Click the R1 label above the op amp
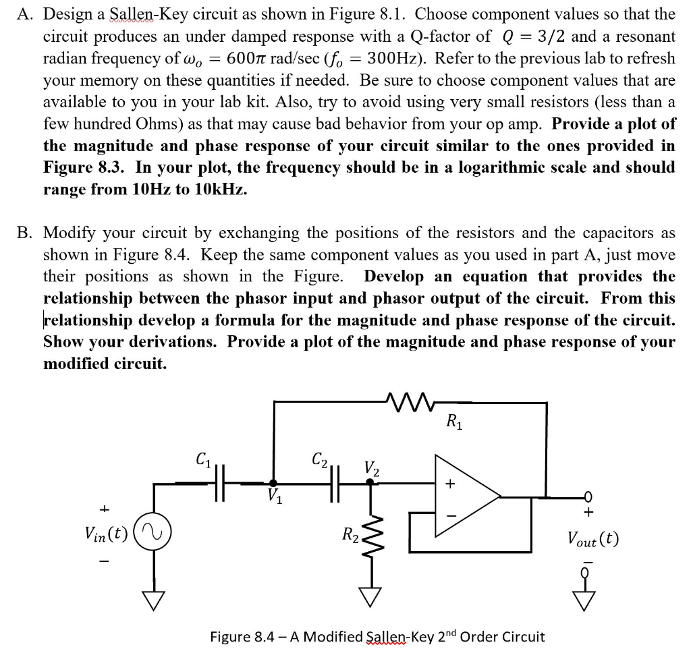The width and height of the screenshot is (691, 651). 453,422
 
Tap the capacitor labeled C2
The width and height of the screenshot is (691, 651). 335,483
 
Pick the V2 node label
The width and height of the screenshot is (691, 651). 371,467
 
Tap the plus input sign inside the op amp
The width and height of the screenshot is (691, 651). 449,484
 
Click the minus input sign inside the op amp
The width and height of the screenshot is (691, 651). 449,514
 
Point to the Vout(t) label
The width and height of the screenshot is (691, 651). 592,540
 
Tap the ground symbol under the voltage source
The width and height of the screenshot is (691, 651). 155,596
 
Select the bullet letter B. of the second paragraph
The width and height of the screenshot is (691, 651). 26,233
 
